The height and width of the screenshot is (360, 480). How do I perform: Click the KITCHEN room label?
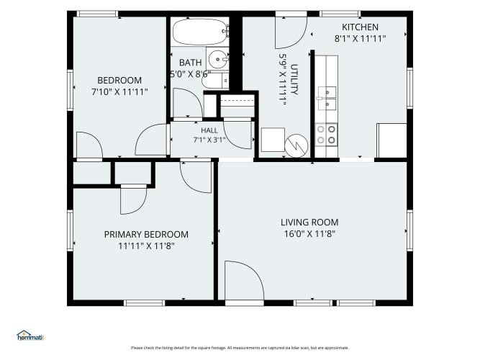[360, 27]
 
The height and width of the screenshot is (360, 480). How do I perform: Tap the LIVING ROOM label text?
[309, 222]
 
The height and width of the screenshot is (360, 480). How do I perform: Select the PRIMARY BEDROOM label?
[146, 235]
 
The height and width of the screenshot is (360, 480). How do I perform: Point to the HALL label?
[209, 130]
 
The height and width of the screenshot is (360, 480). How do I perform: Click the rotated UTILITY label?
[294, 79]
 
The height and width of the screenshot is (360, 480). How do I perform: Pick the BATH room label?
[191, 63]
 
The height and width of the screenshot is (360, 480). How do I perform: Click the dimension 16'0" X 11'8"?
[309, 234]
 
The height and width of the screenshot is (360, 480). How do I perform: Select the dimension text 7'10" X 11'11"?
[119, 91]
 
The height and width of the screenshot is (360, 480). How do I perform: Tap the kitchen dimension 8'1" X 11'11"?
[360, 39]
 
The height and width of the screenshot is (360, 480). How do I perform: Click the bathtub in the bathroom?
[201, 32]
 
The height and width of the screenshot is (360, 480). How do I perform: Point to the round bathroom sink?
[218, 59]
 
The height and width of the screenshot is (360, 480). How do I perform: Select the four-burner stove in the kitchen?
[326, 135]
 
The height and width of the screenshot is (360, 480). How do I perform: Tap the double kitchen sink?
[327, 98]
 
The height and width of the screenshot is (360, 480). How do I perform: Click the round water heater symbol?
[296, 146]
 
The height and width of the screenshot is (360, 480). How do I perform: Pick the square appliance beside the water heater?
[273, 140]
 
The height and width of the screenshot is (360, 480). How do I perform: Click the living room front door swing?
[244, 280]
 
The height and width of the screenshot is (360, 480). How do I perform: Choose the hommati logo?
[30, 336]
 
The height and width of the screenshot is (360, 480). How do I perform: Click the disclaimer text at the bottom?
[240, 348]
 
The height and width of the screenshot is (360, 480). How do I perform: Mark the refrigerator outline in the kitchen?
[391, 140]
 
